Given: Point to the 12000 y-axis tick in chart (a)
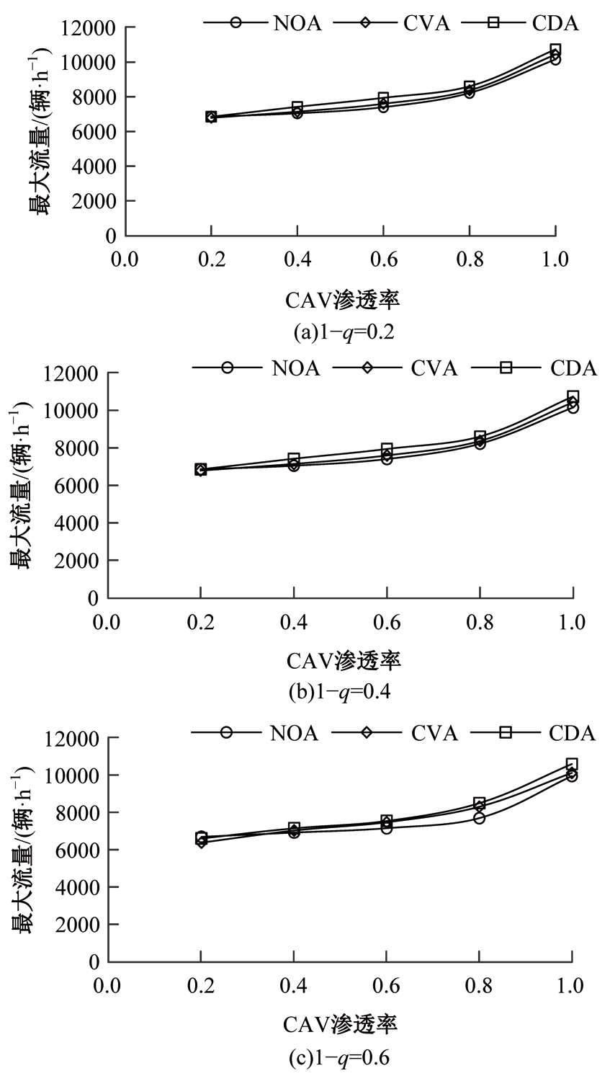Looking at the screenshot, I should tap(91, 28).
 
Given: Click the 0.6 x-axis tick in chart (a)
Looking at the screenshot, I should tap(383, 259).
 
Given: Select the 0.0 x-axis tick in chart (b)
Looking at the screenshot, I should tap(109, 622).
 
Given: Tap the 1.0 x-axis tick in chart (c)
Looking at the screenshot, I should tap(571, 986).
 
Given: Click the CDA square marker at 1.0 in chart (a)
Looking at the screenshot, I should tap(555, 50).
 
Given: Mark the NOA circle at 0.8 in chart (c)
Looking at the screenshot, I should tap(479, 818).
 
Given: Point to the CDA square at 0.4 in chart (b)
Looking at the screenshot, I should tap(294, 458).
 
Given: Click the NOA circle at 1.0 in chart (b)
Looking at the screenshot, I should tap(573, 407).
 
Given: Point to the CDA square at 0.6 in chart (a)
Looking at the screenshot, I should tap(383, 98).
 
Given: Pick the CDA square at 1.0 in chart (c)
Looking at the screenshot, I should tap(572, 764).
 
